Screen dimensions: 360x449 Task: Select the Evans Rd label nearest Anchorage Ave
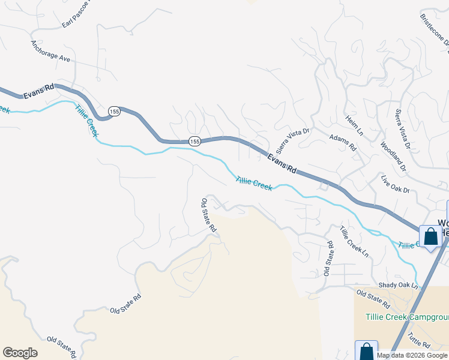[39, 91]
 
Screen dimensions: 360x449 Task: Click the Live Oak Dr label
[395, 184]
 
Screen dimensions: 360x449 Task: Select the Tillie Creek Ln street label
[354, 241]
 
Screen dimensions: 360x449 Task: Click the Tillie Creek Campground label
[408, 317]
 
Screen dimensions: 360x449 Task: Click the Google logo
[20, 353]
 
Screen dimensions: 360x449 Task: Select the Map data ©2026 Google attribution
[412, 355]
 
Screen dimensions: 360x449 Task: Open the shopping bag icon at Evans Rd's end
[431, 236]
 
